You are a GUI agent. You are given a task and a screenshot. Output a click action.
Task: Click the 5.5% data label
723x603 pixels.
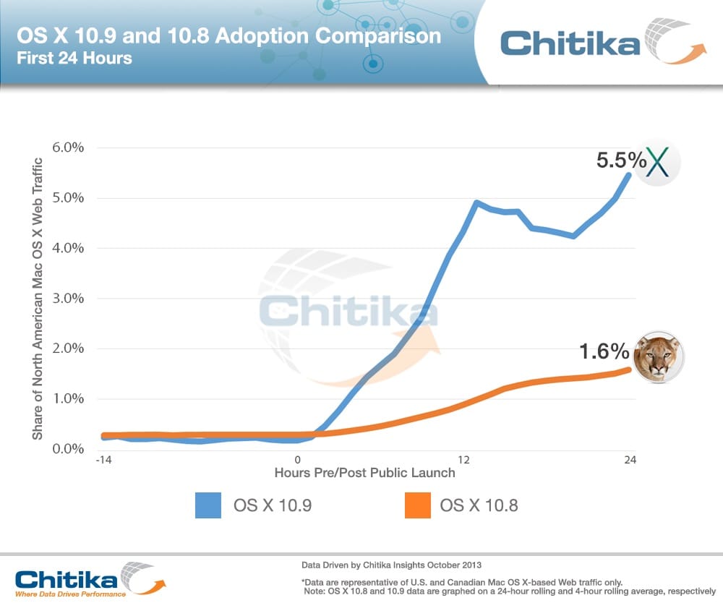[620, 160]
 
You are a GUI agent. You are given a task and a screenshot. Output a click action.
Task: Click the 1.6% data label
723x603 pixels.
[604, 351]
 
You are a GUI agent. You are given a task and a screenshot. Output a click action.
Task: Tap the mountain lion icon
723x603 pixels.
[657, 357]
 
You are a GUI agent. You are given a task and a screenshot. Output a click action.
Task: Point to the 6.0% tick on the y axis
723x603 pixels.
[68, 147]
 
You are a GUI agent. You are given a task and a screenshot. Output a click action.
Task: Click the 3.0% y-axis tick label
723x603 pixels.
[68, 298]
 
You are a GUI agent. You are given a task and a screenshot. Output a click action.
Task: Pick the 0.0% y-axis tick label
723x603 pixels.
[68, 449]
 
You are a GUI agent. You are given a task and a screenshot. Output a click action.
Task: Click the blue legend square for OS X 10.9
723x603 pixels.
[208, 505]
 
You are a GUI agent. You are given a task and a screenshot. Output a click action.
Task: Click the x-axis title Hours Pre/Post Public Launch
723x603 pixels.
[364, 473]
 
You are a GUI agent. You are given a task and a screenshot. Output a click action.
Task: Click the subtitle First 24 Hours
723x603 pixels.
[74, 59]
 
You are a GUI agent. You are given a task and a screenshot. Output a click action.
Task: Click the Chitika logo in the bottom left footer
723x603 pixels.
[87, 581]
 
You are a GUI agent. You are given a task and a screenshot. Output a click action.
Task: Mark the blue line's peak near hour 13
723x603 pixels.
[477, 202]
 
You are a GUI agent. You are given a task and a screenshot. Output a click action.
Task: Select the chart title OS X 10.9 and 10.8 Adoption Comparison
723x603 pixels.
[228, 35]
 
